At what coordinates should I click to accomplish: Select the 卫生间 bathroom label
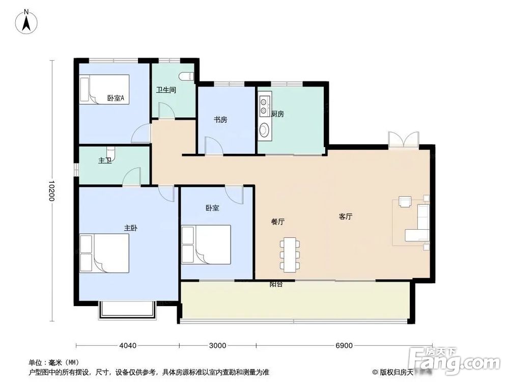click(x=166, y=90)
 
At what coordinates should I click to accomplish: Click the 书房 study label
click(x=220, y=120)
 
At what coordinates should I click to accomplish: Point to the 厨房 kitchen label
click(x=277, y=114)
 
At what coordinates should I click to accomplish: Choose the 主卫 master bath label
click(x=105, y=160)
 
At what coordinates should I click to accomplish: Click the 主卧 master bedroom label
click(x=131, y=228)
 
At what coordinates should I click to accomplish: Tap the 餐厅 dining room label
click(x=277, y=222)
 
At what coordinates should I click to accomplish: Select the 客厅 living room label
click(x=346, y=216)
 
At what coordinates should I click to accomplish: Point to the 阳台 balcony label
click(x=276, y=285)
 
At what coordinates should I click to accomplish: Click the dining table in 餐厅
click(x=290, y=254)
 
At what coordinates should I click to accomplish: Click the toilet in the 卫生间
click(x=189, y=76)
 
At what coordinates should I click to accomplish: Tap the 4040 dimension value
click(x=128, y=346)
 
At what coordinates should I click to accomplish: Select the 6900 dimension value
click(x=344, y=346)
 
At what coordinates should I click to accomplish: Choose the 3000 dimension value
click(x=217, y=346)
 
